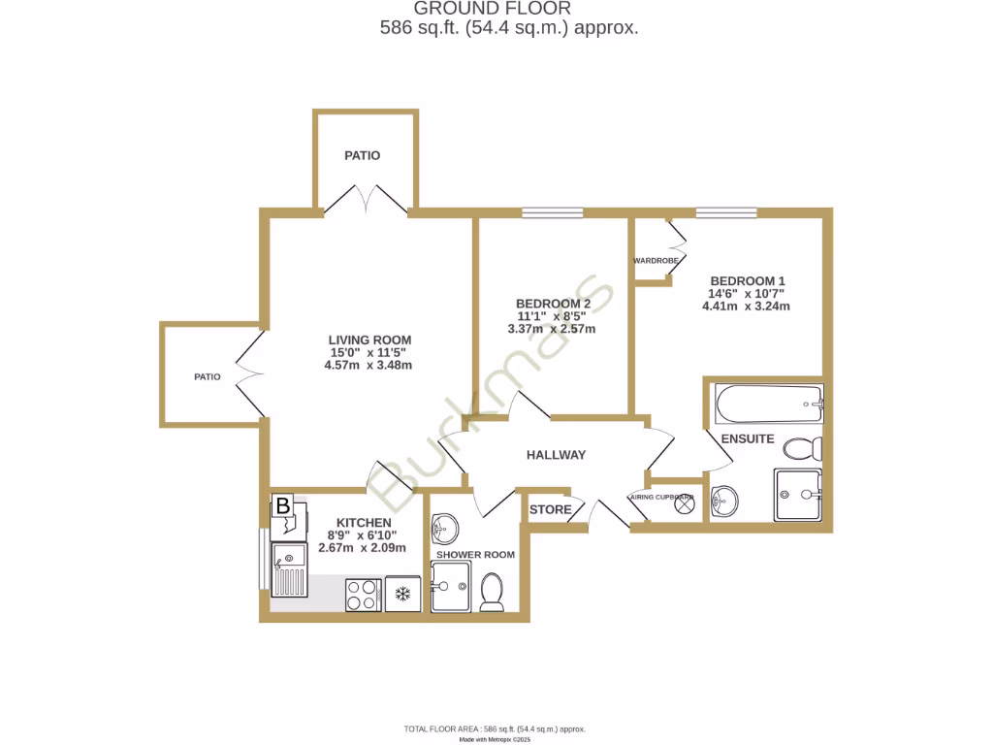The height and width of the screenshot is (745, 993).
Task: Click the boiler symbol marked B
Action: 282,505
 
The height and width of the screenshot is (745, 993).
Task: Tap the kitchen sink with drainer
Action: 289,570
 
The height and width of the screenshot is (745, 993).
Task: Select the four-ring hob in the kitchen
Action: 364,594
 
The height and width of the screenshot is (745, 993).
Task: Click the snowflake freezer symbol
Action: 400,594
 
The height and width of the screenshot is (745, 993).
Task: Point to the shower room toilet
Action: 492,592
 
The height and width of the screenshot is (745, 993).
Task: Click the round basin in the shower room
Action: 445,528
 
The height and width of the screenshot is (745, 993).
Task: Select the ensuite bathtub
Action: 767,404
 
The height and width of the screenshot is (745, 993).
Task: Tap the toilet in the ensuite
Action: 803,448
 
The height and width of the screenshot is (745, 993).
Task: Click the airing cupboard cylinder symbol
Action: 686,502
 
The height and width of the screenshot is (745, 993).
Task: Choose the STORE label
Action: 550,509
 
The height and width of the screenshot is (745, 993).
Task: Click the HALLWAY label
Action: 556,455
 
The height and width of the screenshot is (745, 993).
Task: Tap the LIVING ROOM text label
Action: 368,340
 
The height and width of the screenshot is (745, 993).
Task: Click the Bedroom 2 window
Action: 552,212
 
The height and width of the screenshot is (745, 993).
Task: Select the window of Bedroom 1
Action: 725,212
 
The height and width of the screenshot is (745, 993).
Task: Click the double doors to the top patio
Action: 366,202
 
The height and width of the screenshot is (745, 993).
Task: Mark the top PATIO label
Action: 363,155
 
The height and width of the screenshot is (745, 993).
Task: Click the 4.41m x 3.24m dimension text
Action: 746,307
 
